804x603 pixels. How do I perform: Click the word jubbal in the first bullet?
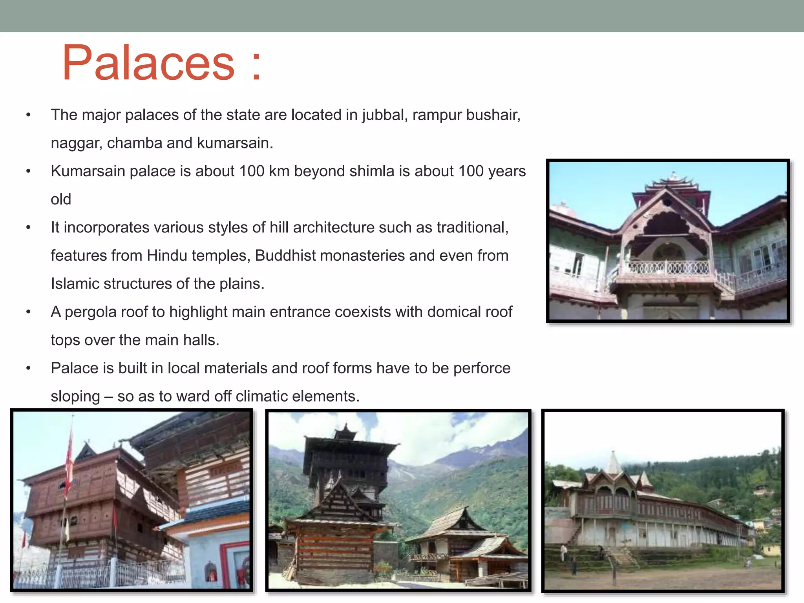point(383,115)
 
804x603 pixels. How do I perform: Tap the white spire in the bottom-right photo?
point(614,463)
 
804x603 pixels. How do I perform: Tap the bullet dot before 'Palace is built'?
point(28,369)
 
